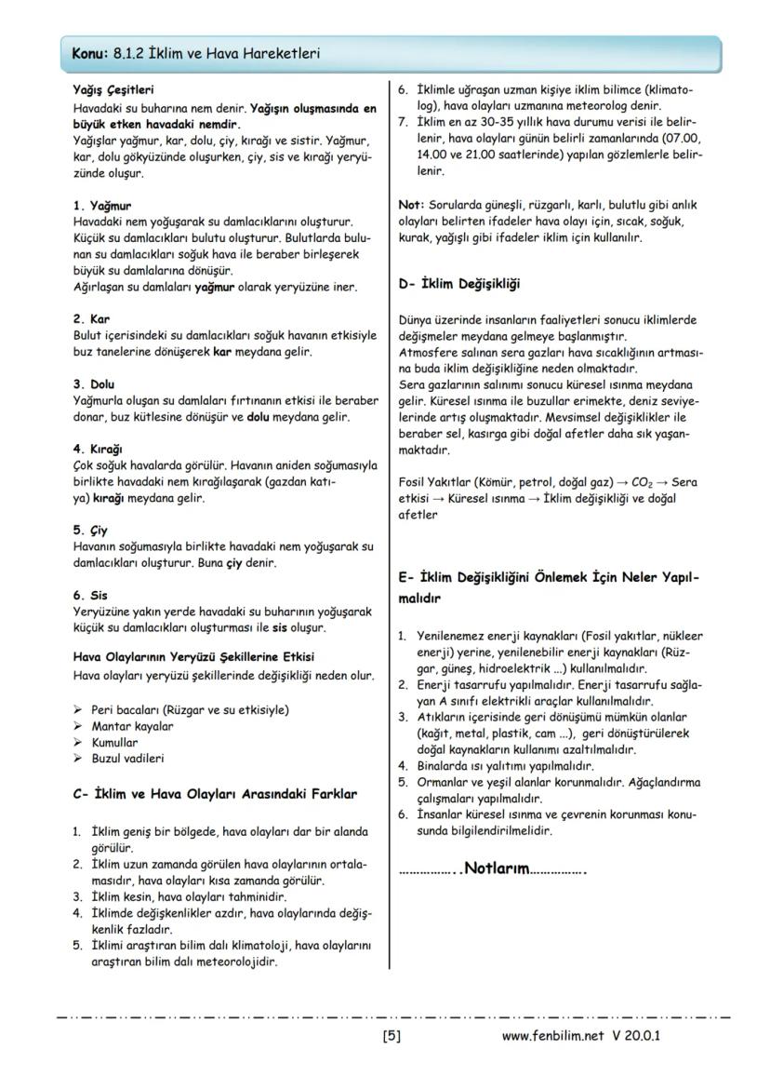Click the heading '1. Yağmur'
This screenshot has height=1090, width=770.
click(x=102, y=205)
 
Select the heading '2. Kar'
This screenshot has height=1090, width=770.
click(x=91, y=318)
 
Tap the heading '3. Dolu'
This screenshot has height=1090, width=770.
click(x=94, y=384)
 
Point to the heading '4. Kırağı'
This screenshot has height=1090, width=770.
click(x=98, y=448)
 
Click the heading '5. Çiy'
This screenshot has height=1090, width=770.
click(x=91, y=530)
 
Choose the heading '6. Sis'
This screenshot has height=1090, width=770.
click(x=90, y=595)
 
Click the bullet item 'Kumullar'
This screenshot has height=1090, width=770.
click(x=114, y=743)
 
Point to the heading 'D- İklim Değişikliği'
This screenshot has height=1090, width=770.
click(x=458, y=283)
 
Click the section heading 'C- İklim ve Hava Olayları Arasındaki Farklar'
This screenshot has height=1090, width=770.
click(x=214, y=795)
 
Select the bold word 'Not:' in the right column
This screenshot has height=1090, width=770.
click(x=411, y=205)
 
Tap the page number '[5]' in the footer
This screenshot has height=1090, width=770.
click(x=392, y=1035)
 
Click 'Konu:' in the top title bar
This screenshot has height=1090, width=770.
click(x=90, y=54)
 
